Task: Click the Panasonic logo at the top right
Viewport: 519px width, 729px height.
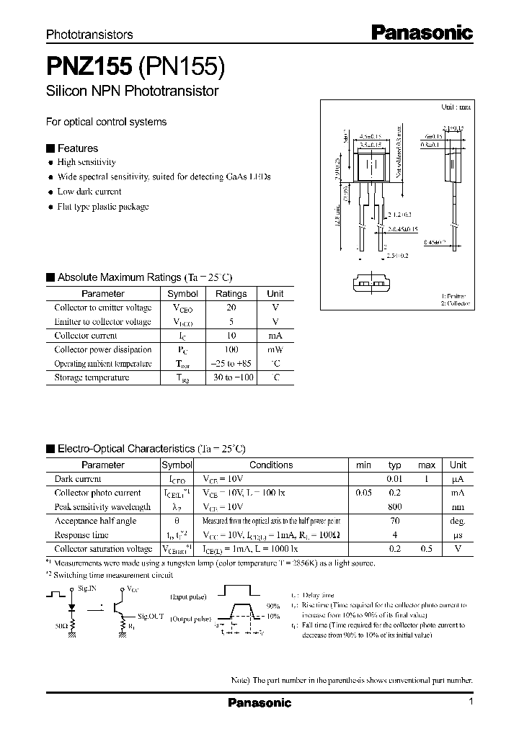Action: coord(422,32)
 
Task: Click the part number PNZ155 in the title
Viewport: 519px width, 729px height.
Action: coord(89,67)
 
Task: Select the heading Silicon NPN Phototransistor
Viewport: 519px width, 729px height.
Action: coord(132,91)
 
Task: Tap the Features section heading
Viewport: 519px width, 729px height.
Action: coord(77,148)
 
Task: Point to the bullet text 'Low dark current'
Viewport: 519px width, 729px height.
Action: coord(89,192)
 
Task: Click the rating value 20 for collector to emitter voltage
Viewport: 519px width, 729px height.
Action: coord(231,308)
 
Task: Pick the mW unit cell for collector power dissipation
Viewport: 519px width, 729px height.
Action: coord(275,349)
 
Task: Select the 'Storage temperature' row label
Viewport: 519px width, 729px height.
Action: coord(92,377)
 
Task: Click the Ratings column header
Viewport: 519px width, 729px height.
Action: coord(231,294)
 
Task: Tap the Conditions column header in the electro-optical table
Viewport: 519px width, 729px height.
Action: coord(271,465)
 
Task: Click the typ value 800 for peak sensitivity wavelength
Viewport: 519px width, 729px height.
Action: coord(394,507)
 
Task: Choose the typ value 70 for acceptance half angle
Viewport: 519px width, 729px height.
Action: coord(394,521)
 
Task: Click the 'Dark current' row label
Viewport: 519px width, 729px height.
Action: coord(78,479)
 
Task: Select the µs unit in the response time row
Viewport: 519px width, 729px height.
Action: coord(457,535)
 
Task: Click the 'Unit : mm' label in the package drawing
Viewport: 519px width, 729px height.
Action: coord(456,107)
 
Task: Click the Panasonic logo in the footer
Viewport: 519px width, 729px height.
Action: coord(259,703)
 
